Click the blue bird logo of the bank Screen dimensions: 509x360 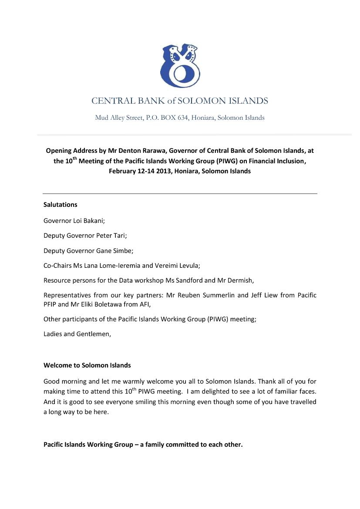coord(180,66)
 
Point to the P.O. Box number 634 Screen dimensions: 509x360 coord(182,118)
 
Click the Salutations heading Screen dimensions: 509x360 coord(60,205)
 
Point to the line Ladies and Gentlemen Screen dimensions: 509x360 coord(77,334)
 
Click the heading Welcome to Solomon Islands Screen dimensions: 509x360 coord(87,365)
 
